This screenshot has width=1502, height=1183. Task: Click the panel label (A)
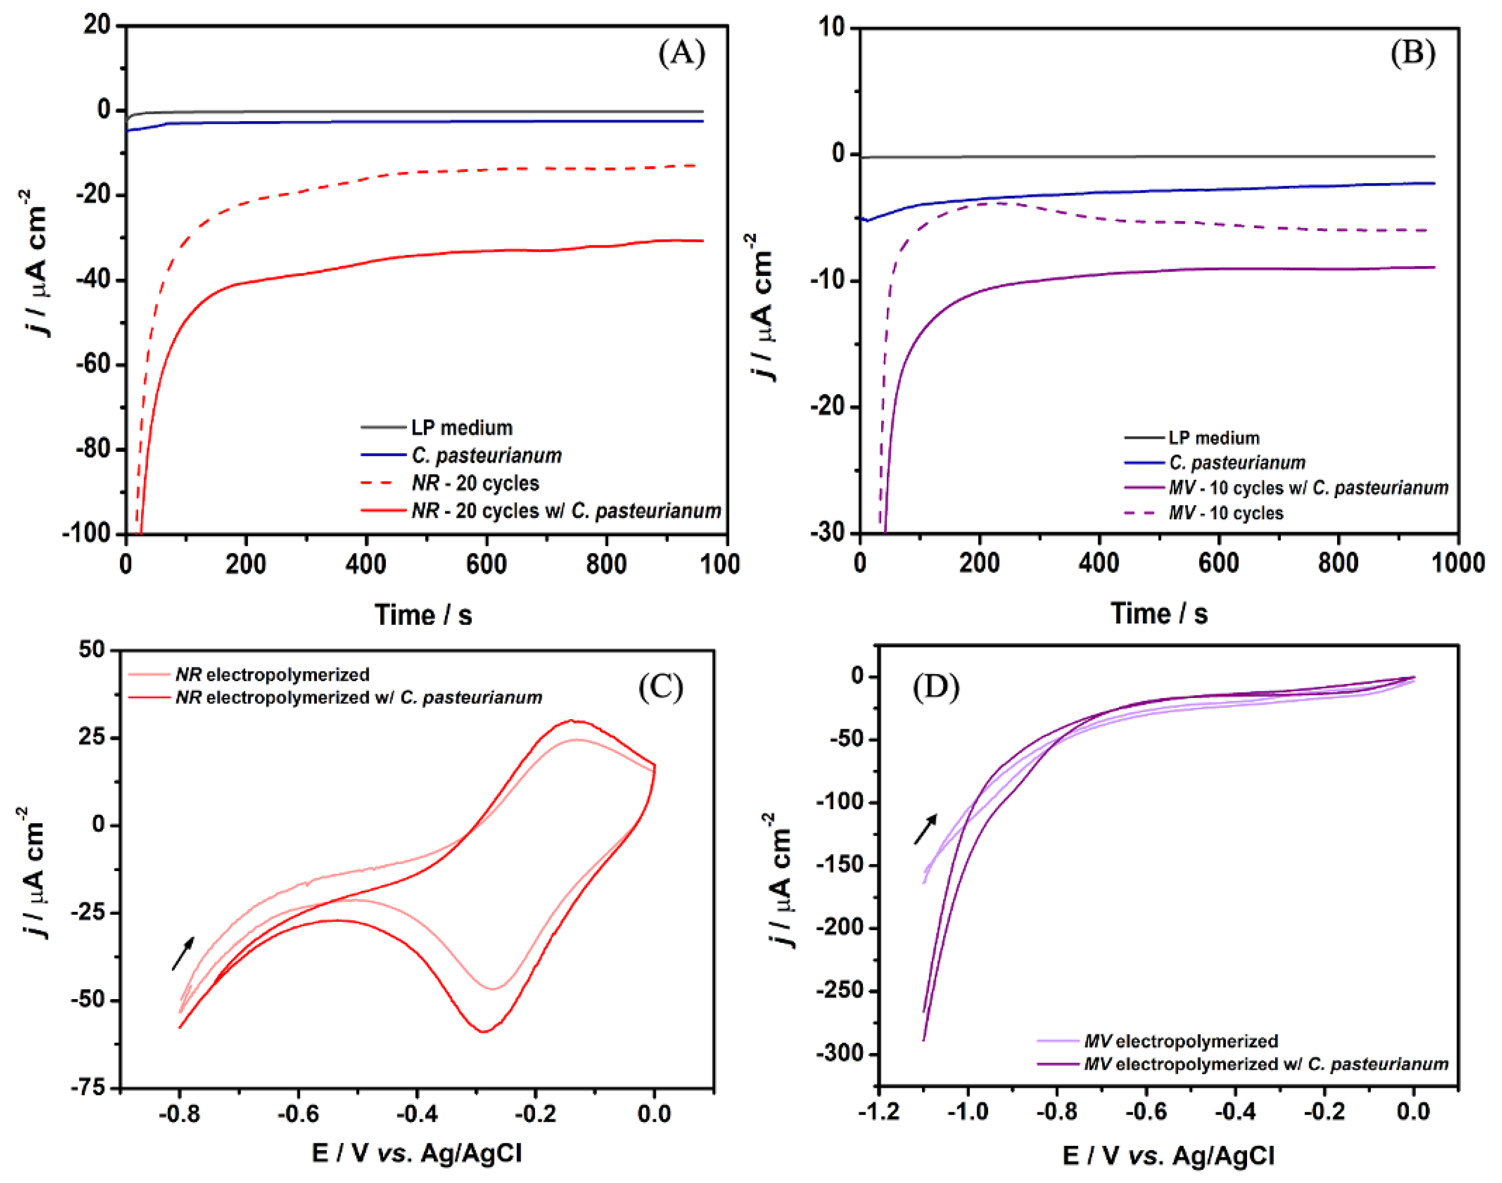tap(681, 53)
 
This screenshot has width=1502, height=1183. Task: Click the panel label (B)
tap(1413, 53)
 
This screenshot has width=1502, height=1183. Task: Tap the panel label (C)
tap(660, 687)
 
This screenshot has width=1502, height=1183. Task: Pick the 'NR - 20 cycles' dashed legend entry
tap(474, 483)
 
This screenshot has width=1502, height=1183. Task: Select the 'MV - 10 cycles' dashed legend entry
tap(1225, 513)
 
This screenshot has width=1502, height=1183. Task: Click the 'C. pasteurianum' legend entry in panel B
tap(1237, 463)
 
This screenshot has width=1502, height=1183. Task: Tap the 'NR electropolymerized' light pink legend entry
tap(272, 675)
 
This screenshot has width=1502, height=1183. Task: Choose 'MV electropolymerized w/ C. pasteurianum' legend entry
tap(1266, 1064)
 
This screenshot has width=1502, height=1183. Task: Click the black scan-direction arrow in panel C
tap(184, 953)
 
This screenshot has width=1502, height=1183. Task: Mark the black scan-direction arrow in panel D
tap(925, 829)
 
